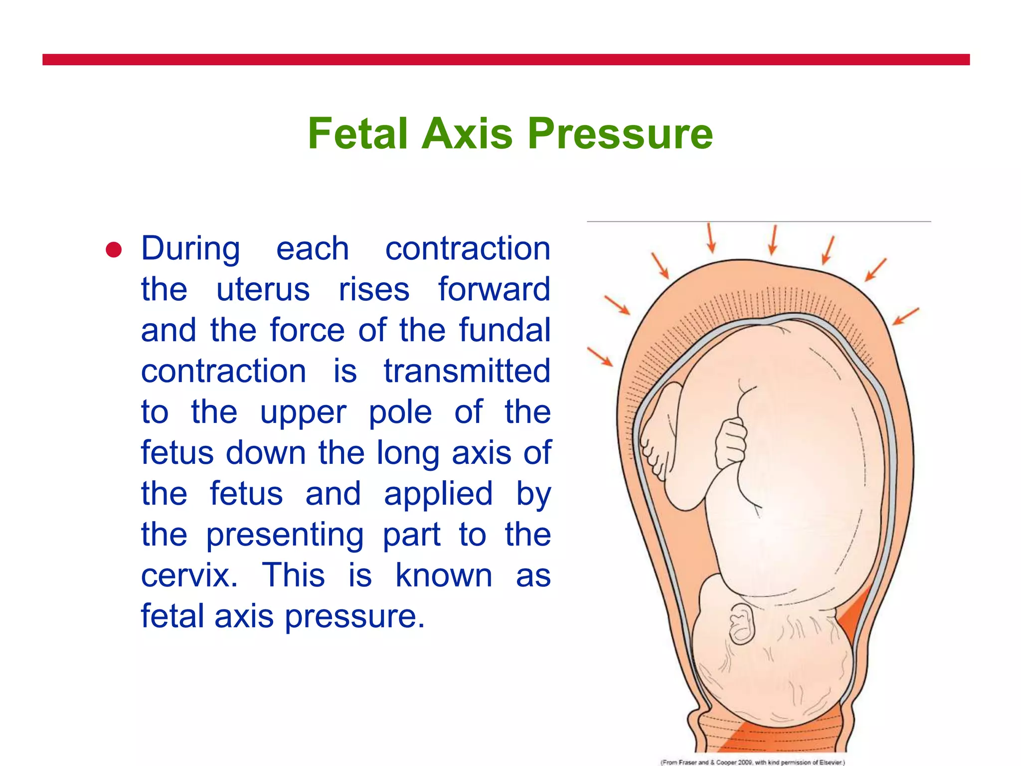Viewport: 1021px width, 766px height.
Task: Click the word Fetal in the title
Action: point(357,134)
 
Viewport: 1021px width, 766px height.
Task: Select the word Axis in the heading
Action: point(467,134)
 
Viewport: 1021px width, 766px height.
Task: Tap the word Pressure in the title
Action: point(620,134)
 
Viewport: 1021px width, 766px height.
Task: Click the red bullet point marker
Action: point(114,250)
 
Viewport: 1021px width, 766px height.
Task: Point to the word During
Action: point(190,249)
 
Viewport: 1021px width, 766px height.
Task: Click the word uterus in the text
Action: point(263,290)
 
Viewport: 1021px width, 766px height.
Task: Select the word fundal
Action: point(505,331)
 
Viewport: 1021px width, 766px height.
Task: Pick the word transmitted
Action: point(467,372)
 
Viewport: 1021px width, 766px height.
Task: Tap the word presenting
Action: point(285,536)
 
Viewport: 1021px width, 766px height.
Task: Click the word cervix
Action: point(189,576)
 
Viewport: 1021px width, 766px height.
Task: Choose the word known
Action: point(444,576)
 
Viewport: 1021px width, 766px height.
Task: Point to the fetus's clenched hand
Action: point(731,442)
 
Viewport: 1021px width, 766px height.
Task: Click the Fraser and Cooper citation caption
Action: point(752,762)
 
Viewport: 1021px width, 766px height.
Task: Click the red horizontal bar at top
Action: point(506,60)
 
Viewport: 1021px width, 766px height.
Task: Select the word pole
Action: point(400,413)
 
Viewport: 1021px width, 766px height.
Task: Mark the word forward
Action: point(494,290)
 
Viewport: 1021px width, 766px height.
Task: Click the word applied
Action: point(438,495)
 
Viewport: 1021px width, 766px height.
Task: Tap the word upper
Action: point(303,413)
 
